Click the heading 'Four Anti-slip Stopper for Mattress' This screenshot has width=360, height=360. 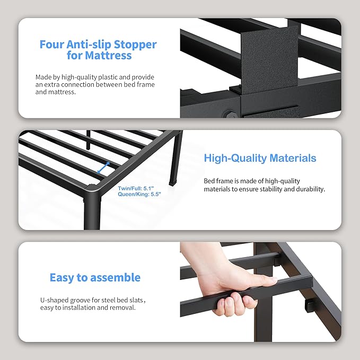[98, 49]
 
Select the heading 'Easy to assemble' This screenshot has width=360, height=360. [95, 277]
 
